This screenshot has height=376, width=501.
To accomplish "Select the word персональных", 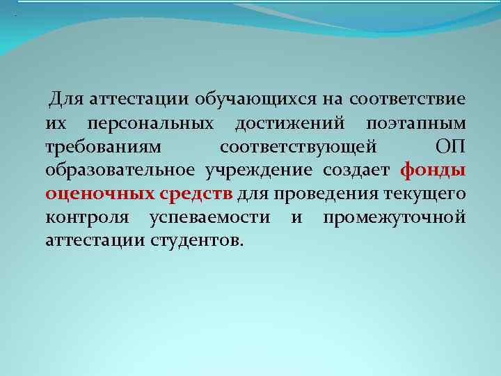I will click(x=161, y=124).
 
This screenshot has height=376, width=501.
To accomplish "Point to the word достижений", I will click(x=290, y=124).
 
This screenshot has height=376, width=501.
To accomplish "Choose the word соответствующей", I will click(x=299, y=148).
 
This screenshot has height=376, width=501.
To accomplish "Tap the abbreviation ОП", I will click(x=450, y=148).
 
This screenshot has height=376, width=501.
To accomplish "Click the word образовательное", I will click(x=122, y=171).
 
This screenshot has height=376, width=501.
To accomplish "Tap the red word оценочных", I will click(x=96, y=194).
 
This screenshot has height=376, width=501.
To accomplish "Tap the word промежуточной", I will click(x=394, y=217).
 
